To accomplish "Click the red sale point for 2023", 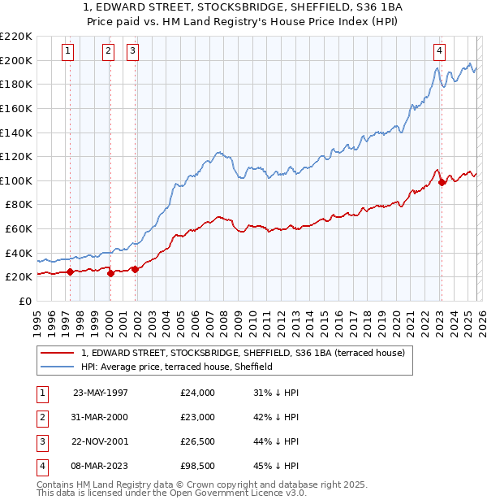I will (x=442, y=182).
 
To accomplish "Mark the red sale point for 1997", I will (x=70, y=272).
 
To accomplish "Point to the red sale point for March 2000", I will (x=110, y=273).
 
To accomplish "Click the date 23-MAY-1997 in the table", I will (x=101, y=393).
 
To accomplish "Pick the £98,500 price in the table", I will (x=198, y=466).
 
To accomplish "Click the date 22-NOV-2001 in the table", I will (x=101, y=441).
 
